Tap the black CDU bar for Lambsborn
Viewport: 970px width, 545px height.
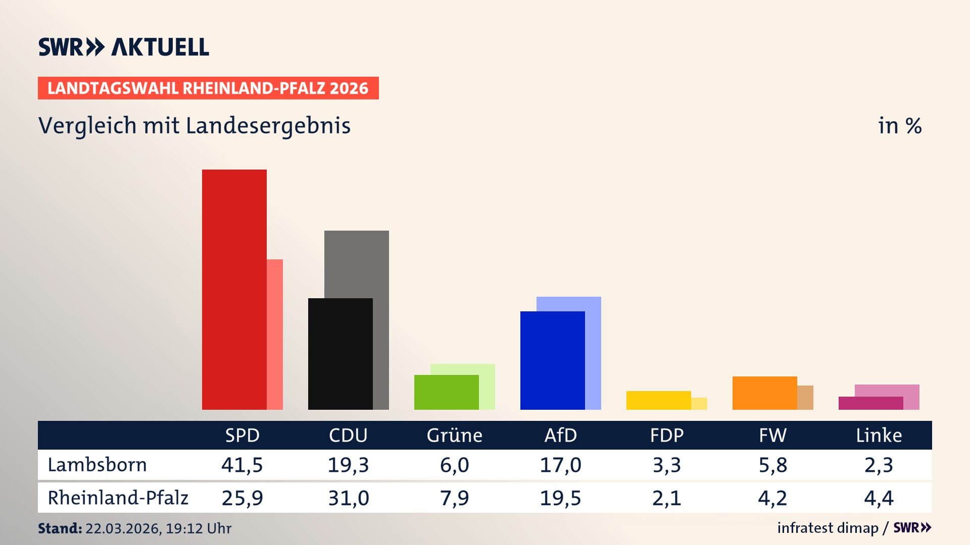[340, 353]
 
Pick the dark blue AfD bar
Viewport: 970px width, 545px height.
[552, 360]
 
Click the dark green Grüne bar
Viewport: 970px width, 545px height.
[446, 392]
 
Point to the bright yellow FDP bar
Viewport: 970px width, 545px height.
[658, 400]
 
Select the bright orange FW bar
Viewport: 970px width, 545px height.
[764, 393]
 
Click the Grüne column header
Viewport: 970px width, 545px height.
[454, 435]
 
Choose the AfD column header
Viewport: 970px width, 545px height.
[560, 435]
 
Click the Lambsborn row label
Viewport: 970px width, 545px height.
[97, 465]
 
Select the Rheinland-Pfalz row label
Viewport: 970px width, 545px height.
[118, 498]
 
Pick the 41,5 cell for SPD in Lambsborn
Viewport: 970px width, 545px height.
[242, 465]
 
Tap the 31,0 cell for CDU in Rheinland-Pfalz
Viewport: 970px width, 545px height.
[348, 498]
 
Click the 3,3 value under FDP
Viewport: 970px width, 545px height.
[666, 465]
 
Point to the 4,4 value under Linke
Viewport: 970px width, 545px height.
[879, 498]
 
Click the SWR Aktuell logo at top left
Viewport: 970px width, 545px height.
[123, 47]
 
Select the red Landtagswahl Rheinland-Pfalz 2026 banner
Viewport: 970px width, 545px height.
[208, 88]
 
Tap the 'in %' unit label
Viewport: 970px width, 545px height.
[899, 126]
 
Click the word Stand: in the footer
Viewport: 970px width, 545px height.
[60, 528]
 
